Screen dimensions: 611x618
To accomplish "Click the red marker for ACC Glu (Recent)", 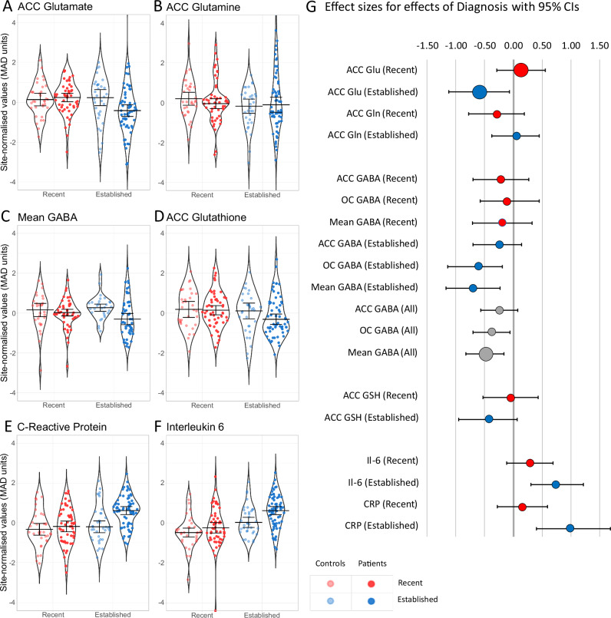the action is point(520,70).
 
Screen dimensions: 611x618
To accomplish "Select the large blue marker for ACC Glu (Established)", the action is point(480,92).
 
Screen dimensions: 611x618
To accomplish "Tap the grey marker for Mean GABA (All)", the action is point(486,354).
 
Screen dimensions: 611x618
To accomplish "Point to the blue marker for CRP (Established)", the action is point(570,527).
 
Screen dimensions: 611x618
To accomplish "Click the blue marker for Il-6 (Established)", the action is point(556,484).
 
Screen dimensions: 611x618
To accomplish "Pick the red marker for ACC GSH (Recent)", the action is point(510,398).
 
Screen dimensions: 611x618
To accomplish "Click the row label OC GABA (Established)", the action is point(371,266).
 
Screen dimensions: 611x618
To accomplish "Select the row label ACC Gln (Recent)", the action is point(381,114).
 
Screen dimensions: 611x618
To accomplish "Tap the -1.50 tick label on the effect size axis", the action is point(428,46).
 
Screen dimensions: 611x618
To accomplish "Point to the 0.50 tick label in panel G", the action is point(542,46).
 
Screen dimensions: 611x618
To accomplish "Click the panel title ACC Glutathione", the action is point(206,217).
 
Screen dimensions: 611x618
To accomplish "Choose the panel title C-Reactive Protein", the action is point(62,427).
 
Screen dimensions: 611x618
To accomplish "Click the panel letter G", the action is point(311,7).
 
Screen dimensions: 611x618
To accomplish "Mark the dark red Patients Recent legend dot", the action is point(371,583).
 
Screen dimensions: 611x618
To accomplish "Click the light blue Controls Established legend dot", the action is point(330,600).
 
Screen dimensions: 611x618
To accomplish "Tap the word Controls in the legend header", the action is point(330,563).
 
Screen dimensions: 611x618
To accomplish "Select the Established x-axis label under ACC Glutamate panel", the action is point(114,194).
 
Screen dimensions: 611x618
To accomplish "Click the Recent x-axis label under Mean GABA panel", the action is point(54,405).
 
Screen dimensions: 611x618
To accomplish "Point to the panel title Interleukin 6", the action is point(195,427).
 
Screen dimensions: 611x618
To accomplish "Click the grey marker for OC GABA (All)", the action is point(491,332).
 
